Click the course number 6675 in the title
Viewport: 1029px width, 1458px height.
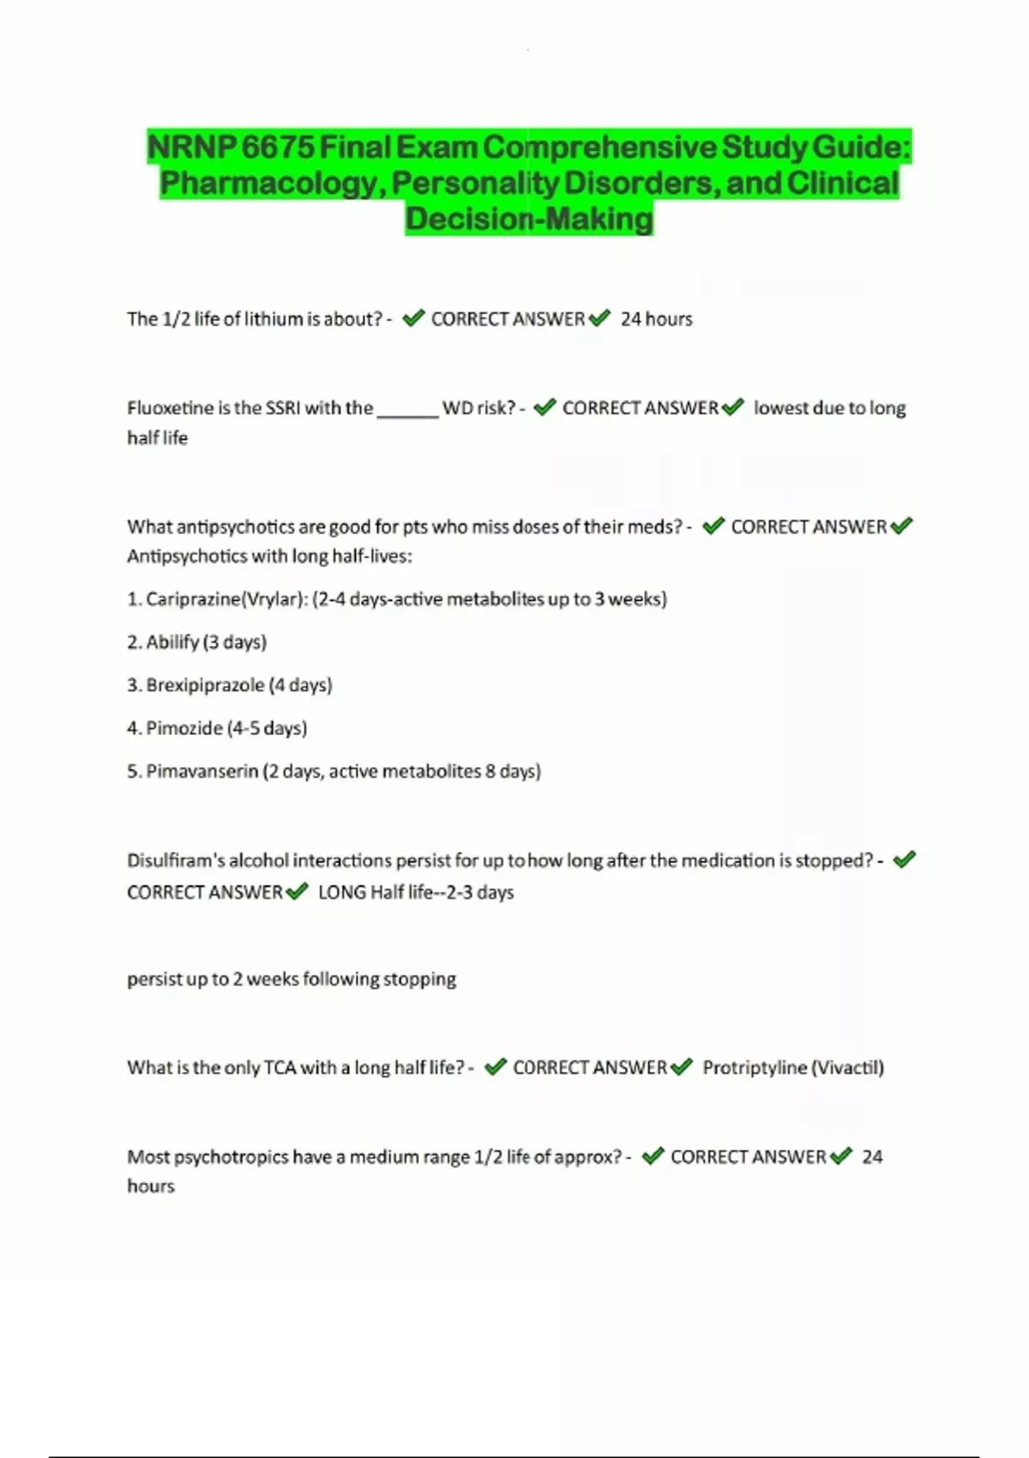(x=277, y=148)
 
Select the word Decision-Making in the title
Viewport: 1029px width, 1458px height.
(x=529, y=220)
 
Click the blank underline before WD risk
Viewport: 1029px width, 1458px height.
(x=407, y=410)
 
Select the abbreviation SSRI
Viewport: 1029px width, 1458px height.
(x=282, y=408)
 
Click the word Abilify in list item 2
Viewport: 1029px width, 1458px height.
(x=172, y=642)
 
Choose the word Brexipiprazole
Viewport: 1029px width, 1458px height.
(x=205, y=685)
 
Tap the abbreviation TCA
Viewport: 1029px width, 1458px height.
(x=280, y=1068)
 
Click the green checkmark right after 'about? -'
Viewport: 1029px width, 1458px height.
(x=413, y=319)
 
